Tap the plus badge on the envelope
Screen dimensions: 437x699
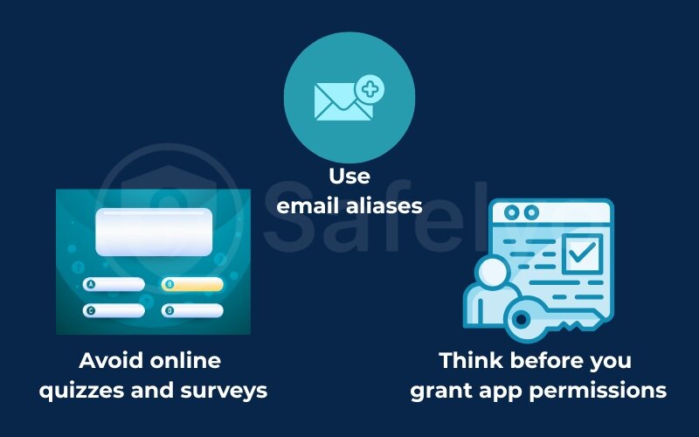click(x=371, y=88)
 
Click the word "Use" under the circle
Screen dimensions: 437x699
click(x=349, y=176)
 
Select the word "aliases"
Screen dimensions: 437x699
click(x=384, y=206)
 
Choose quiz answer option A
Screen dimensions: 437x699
click(x=114, y=285)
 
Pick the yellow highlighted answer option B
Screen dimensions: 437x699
click(x=192, y=285)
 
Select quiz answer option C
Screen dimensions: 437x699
click(x=114, y=310)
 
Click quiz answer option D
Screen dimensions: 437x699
click(x=192, y=310)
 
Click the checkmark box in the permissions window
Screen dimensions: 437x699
click(x=581, y=253)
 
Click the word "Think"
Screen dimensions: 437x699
click(x=473, y=360)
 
